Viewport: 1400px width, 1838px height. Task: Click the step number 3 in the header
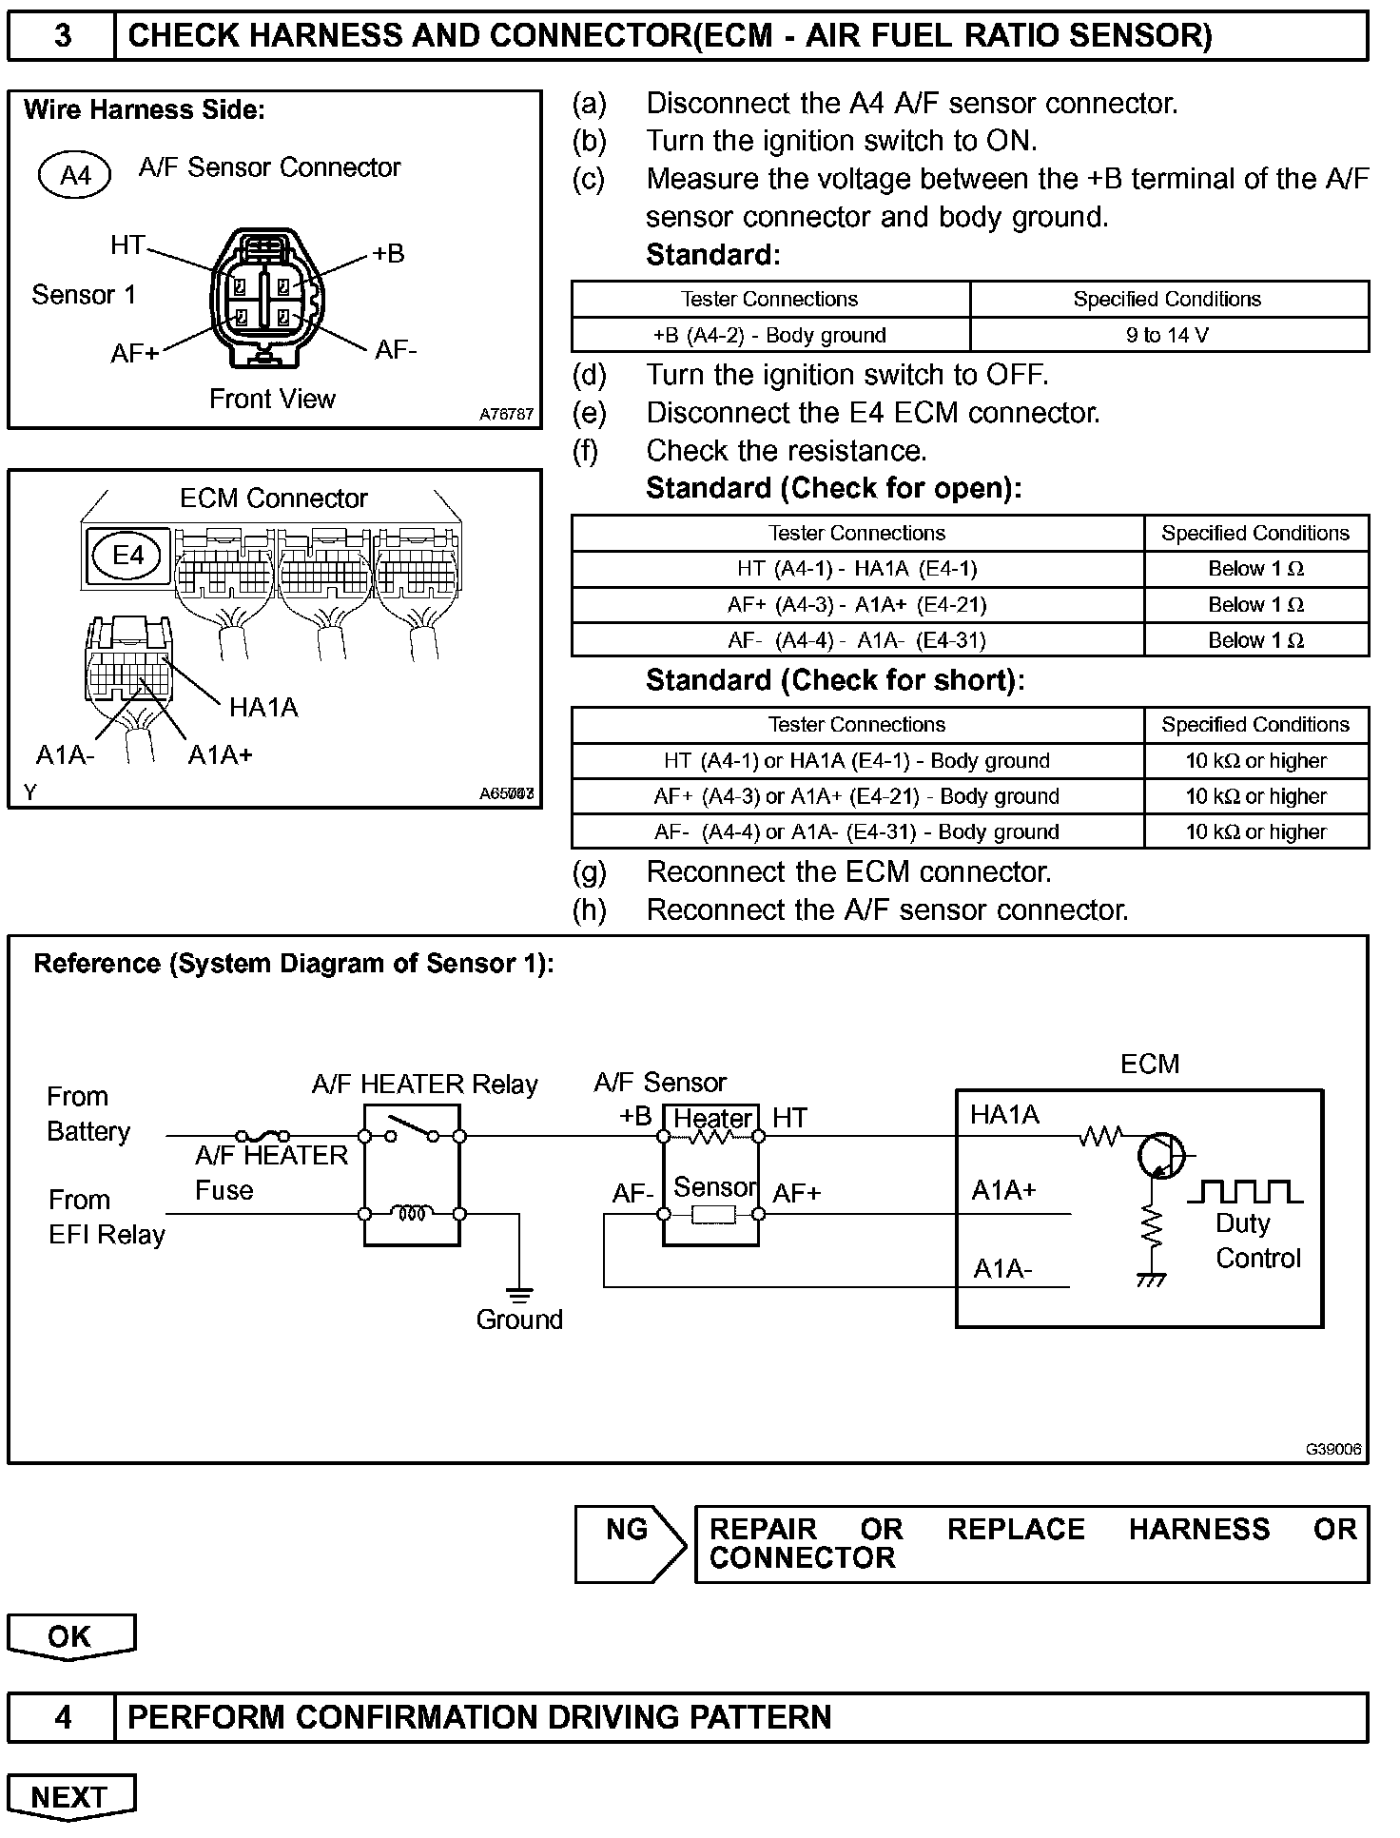[62, 36]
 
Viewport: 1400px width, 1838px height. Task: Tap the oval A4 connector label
[75, 175]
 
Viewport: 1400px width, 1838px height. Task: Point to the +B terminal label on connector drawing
[388, 253]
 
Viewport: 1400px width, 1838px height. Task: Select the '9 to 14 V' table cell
[1167, 335]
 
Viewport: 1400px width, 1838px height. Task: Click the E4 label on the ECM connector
[128, 555]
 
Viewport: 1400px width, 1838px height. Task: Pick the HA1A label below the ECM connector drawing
[263, 707]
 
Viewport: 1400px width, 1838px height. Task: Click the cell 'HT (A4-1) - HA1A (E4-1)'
[856, 569]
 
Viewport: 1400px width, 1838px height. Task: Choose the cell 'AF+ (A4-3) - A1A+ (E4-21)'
[856, 605]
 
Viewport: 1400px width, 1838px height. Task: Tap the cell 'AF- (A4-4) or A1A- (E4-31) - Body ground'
[856, 832]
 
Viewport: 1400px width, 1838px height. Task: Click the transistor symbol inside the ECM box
[1159, 1155]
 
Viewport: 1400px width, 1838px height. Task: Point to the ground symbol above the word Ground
[519, 1294]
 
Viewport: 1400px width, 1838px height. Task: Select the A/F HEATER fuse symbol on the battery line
[262, 1135]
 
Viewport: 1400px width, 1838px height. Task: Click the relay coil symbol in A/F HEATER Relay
[413, 1214]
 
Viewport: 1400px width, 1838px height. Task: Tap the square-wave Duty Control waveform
[1246, 1191]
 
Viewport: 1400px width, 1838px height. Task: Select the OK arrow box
[71, 1636]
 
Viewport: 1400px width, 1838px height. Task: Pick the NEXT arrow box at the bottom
[71, 1796]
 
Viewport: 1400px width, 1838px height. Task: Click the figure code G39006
[1332, 1450]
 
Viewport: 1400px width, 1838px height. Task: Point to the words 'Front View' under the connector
[272, 399]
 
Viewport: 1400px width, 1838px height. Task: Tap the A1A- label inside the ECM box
[1002, 1269]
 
